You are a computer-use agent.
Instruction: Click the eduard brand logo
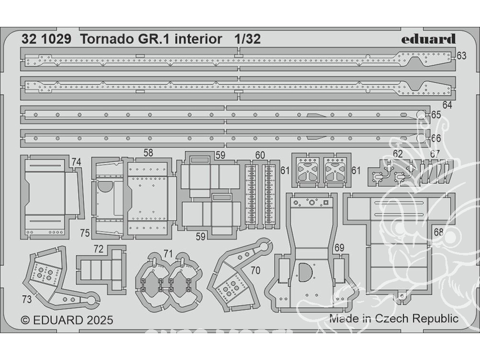[428, 39]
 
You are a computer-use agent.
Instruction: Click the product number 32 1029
[47, 39]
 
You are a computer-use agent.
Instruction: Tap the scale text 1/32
[248, 39]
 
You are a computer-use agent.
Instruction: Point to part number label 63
[461, 56]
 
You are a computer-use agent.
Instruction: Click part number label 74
[76, 162]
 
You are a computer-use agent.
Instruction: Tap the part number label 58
[148, 153]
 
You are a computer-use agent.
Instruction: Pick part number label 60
[260, 155]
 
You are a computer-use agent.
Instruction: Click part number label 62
[397, 154]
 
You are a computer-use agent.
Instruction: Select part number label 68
[438, 232]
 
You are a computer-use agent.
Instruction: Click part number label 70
[255, 270]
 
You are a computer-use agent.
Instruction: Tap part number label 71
[168, 254]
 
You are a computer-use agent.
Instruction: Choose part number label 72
[98, 249]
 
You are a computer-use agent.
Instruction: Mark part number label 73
[26, 299]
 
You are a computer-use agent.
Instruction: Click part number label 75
[85, 233]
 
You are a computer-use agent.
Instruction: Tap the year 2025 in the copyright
[100, 320]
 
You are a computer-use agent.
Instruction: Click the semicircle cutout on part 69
[305, 272]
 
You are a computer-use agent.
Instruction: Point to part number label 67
[435, 154]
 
